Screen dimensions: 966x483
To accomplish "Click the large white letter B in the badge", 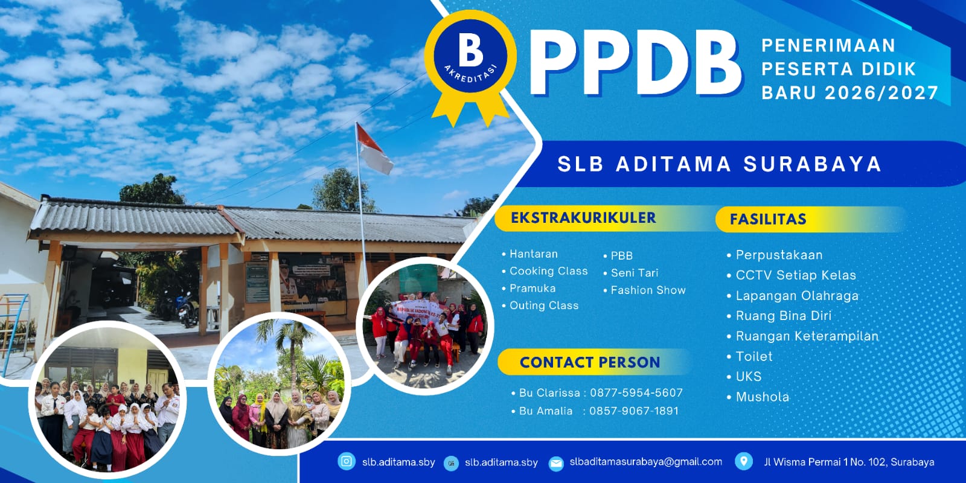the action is (x=470, y=51).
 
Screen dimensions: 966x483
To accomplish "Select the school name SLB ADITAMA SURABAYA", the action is (x=719, y=164).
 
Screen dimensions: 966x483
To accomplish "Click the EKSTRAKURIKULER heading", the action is (x=583, y=218).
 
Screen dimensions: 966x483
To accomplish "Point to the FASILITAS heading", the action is (x=767, y=220).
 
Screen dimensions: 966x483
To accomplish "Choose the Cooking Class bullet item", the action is (x=548, y=271).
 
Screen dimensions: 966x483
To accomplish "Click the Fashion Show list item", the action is (x=648, y=290).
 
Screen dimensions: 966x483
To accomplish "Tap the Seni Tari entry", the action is (x=635, y=273).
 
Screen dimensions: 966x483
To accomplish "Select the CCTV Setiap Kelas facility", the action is (x=796, y=275).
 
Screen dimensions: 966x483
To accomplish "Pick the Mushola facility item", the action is (x=762, y=397).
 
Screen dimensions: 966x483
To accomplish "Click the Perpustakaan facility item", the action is (x=779, y=255).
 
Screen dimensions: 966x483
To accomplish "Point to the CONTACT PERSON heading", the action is (x=589, y=362).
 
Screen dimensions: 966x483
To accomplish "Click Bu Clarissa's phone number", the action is (x=636, y=393).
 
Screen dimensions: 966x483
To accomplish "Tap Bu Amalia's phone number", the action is (x=634, y=411).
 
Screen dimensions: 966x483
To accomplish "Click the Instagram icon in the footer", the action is (x=347, y=461).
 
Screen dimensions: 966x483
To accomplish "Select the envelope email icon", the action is (x=556, y=464).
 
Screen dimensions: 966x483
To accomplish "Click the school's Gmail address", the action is (x=645, y=462).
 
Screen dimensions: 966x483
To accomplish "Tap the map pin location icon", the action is (x=743, y=461).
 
